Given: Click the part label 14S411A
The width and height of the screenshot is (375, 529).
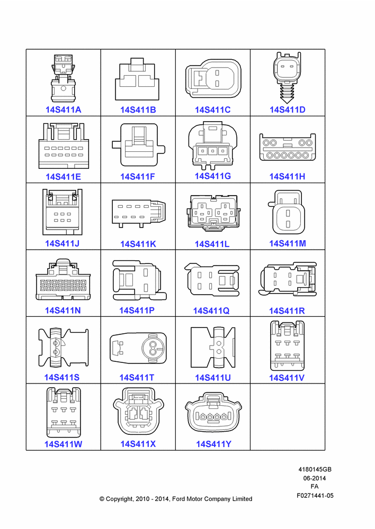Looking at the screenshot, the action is coord(64,110).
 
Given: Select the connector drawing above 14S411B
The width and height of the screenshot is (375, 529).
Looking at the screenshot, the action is coord(137,79).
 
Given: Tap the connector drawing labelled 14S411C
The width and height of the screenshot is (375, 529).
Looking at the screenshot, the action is coord(213,79).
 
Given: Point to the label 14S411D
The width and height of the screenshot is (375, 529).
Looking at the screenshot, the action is coord(288,110).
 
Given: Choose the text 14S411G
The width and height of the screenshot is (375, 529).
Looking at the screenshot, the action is coord(213,176).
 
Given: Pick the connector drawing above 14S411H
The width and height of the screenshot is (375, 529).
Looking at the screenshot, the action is coord(288,147).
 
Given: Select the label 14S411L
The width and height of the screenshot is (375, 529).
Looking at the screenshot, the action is coord(212,244).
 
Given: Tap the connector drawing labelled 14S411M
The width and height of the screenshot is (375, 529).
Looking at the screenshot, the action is coord(287,213).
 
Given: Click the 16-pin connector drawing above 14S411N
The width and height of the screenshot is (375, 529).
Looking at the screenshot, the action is coord(63,279).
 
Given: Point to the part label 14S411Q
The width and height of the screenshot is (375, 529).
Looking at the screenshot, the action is coord(211,311).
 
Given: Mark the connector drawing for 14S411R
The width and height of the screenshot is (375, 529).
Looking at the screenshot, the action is coord(288,280).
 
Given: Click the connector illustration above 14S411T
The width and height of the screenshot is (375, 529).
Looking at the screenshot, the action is coord(138,348).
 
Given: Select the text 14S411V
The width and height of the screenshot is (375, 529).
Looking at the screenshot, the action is coord(287,378).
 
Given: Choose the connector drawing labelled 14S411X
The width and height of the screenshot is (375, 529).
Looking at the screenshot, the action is coord(138,411).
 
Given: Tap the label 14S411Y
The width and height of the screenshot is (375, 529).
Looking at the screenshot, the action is coord(214,444).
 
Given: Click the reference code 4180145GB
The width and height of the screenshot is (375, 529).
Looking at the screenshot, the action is coord(315,469).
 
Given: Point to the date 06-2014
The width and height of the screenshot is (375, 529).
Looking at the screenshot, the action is coord(315,478).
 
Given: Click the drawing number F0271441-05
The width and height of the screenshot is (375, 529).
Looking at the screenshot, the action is coord(315,496).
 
